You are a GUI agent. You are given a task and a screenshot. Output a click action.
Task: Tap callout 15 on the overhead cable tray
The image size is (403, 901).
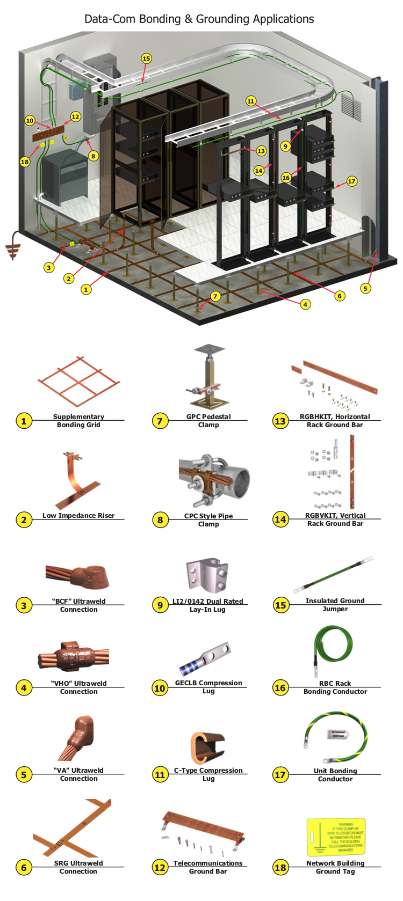146,58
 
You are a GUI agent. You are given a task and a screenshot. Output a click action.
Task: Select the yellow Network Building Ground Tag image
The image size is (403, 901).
335,836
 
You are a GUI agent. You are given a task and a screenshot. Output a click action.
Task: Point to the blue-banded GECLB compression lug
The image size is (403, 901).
205,659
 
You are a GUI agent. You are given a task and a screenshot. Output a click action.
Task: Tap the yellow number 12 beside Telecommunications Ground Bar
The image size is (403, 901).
160,867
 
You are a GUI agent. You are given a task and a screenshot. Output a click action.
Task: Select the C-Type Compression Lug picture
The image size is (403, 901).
207,746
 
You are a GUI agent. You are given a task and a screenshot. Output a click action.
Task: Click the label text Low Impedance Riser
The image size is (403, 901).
78,515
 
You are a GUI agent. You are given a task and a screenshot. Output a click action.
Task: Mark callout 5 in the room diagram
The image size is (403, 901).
365,288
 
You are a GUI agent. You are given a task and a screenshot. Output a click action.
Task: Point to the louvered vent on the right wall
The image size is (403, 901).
351,108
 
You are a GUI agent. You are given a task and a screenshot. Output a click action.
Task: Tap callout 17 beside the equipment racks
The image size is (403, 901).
351,181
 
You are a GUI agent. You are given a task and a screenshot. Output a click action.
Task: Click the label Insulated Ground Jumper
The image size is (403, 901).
335,605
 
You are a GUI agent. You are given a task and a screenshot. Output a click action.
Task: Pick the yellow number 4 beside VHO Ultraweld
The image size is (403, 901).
24,687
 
